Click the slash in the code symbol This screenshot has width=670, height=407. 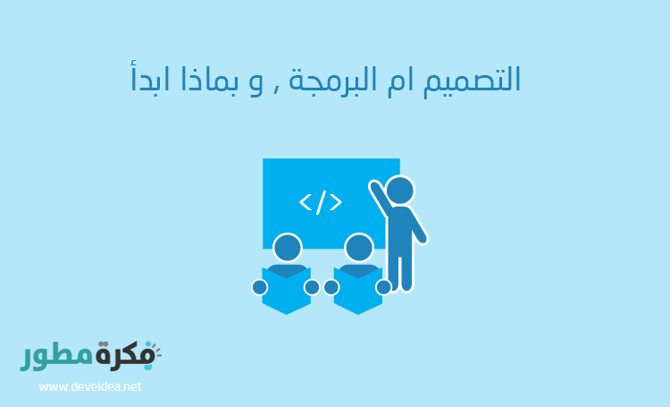pos(320,201)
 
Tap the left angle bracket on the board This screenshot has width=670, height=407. pos(305,202)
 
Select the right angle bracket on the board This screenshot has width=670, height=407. pos(336,202)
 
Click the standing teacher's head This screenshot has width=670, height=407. pos(400,190)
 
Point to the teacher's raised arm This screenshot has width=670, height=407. pos(380,199)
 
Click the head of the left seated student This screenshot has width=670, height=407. pos(287,248)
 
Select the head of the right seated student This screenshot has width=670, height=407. pos(358,248)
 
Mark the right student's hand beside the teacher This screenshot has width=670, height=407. pos(383,287)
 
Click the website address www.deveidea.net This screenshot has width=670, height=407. pos(90,387)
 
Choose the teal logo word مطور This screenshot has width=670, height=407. pos(56,357)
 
